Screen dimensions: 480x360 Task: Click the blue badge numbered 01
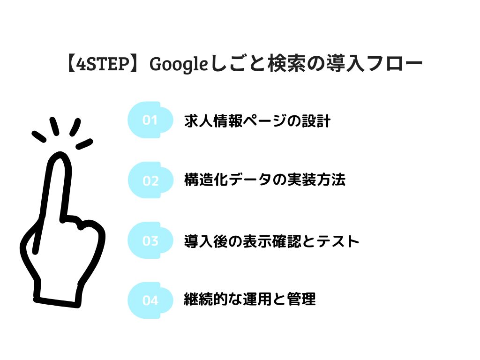click(150, 120)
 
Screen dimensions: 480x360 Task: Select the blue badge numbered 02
click(150, 180)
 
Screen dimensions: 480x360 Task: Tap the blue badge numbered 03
click(150, 240)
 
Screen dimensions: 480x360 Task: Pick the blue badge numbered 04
click(150, 300)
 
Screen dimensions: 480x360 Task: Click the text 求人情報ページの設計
click(257, 120)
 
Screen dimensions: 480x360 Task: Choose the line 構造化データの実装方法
click(265, 180)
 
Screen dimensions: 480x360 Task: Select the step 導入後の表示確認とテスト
click(271, 241)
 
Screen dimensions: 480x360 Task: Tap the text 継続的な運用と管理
click(249, 299)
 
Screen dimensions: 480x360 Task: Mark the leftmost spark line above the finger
click(39, 136)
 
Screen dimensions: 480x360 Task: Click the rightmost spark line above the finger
click(84, 144)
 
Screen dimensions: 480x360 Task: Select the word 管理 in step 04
click(301, 299)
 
